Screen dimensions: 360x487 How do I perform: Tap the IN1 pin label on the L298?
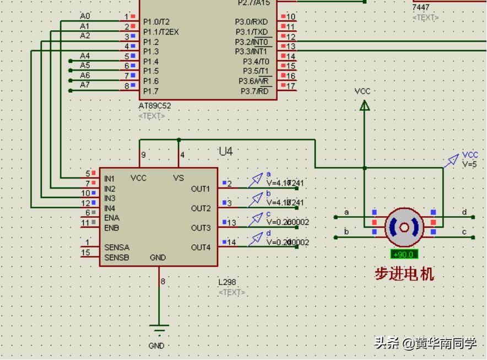(x=110, y=179)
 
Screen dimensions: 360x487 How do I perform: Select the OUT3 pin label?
(x=201, y=228)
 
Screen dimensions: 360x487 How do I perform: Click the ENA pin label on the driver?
(x=111, y=218)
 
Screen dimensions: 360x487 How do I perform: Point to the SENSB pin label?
(x=117, y=257)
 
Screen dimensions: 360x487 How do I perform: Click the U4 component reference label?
(x=226, y=151)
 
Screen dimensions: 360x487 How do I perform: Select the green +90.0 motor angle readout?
(x=404, y=255)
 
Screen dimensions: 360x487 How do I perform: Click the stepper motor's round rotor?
(x=404, y=227)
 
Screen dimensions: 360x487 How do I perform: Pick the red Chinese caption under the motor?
(x=404, y=273)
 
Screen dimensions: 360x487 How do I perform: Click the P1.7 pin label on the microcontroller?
(x=151, y=91)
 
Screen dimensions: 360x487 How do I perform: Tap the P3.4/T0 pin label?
(x=256, y=61)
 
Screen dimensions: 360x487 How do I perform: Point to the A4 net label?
(x=85, y=56)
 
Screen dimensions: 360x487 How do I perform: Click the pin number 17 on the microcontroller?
(x=290, y=86)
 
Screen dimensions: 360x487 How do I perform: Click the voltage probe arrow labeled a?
(x=257, y=179)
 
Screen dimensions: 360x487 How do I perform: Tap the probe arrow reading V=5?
(x=453, y=160)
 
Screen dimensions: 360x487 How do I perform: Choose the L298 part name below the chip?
(x=227, y=282)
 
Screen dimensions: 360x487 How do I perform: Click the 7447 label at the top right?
(x=421, y=8)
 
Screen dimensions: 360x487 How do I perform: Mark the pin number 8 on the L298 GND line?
(x=163, y=282)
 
